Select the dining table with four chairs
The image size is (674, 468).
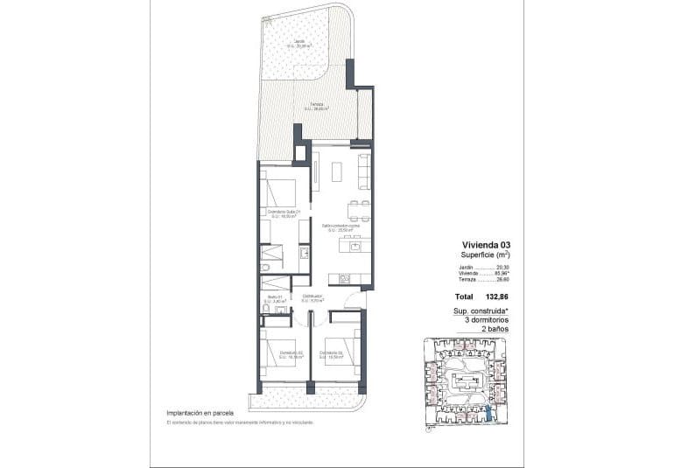click(x=356, y=209)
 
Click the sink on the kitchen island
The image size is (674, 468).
click(x=356, y=247)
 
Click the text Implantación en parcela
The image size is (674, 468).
click(x=202, y=413)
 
